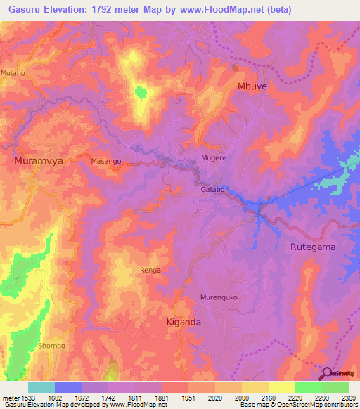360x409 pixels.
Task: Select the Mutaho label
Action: tap(13, 72)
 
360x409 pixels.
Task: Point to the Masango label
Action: tap(107, 162)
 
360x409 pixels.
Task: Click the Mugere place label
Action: tap(214, 158)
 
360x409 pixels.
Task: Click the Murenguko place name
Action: tap(219, 297)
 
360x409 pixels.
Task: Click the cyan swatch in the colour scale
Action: tap(41, 387)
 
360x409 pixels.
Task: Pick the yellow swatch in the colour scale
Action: tap(282, 387)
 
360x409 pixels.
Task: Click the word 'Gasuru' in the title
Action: tap(27, 9)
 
